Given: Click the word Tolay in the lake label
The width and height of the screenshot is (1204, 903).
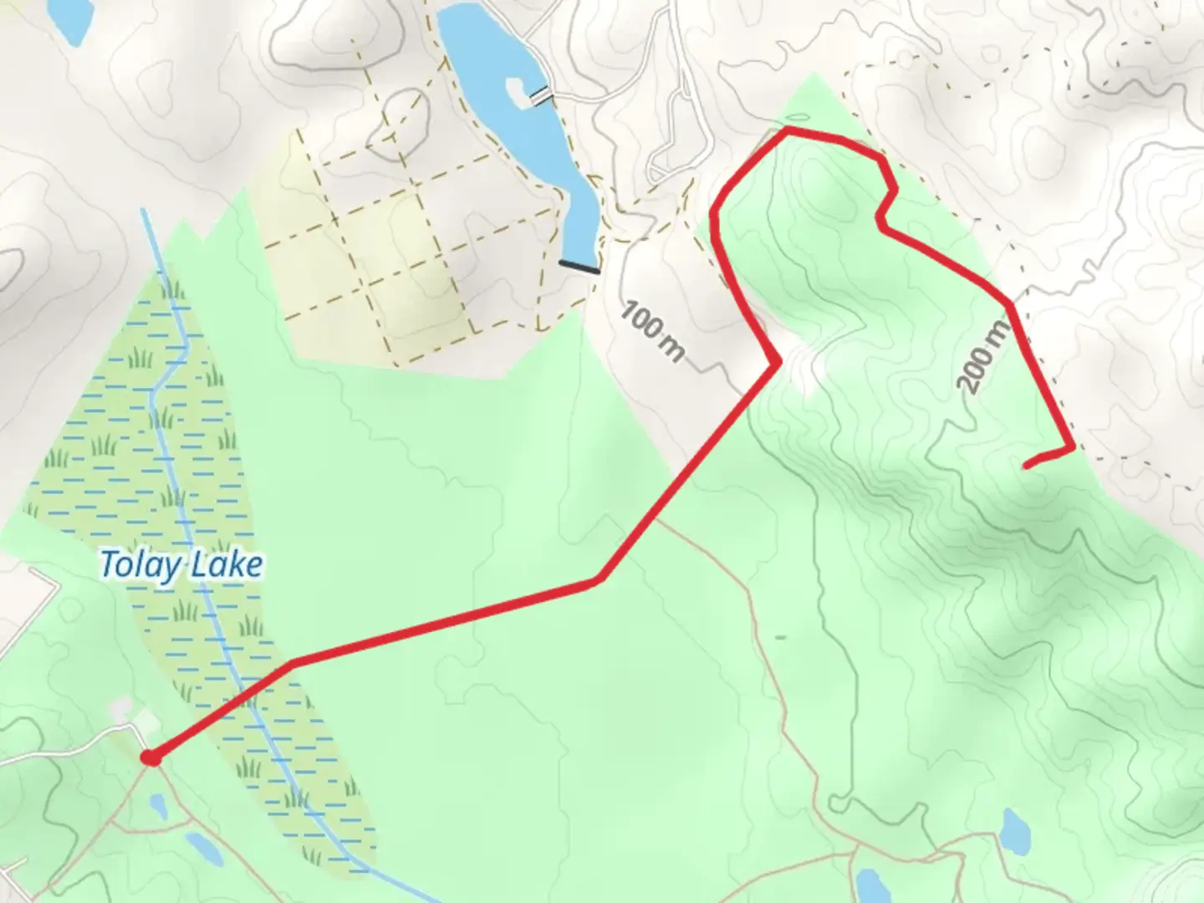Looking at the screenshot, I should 140,565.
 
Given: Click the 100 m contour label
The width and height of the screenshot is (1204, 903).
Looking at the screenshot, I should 653,333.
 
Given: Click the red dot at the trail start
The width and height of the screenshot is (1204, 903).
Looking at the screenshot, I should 150,758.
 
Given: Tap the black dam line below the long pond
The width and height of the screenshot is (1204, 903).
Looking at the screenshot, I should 579,267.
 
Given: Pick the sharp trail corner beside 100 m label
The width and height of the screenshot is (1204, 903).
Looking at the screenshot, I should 778,361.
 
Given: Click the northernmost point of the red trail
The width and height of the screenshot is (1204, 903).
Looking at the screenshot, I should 786,130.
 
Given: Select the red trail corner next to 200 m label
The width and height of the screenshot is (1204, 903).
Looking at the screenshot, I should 1012,304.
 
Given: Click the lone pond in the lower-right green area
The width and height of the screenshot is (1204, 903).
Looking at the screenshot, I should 1016,828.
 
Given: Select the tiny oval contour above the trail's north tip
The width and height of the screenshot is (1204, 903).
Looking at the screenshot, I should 798,118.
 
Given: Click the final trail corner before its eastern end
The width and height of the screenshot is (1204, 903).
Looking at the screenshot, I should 1072,449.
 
